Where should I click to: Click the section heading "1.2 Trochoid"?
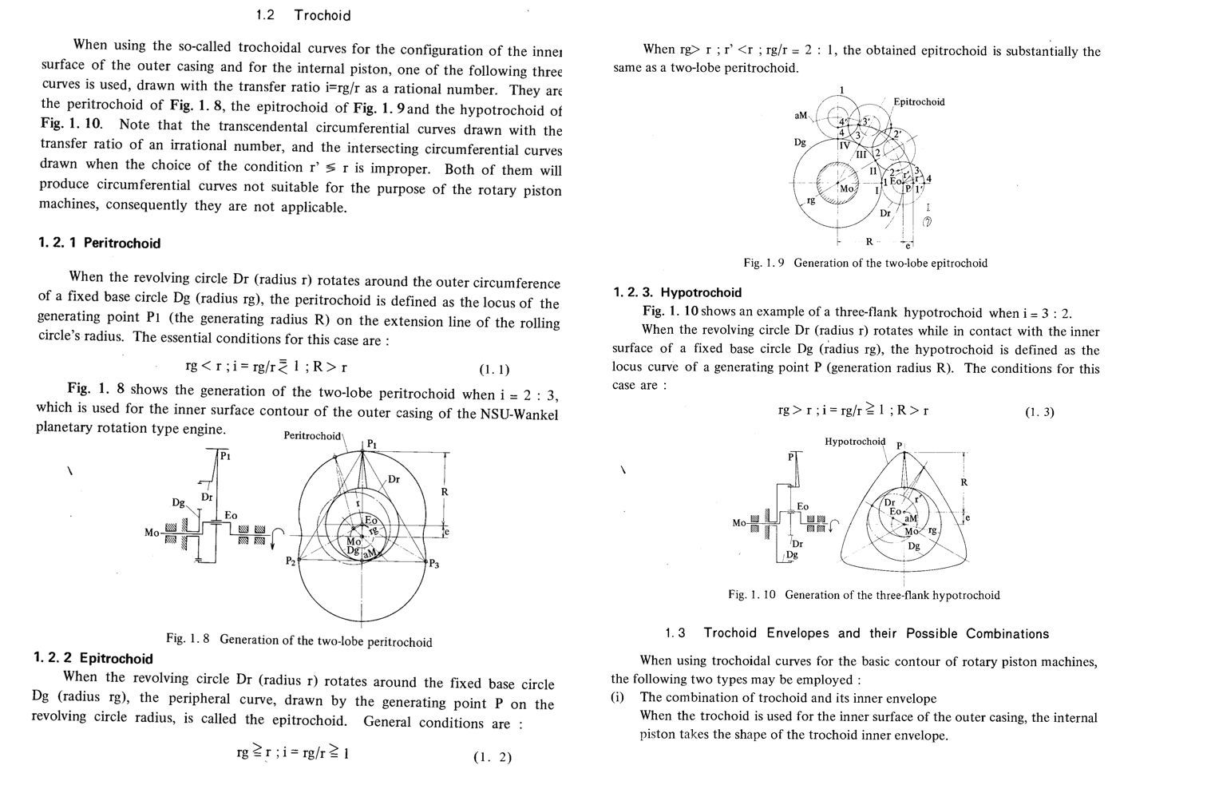pyautogui.click(x=303, y=15)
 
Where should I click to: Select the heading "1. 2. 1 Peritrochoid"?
pyautogui.click(x=99, y=244)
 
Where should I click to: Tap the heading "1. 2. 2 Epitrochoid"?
pyautogui.click(x=93, y=659)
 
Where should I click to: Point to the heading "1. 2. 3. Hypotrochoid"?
pyautogui.click(x=678, y=292)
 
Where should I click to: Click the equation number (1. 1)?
pyautogui.click(x=494, y=369)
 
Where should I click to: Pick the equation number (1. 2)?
pyautogui.click(x=492, y=757)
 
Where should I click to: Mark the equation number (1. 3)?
pyautogui.click(x=1039, y=412)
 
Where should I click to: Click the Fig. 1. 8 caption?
pyautogui.click(x=299, y=640)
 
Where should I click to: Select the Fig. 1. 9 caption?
pyautogui.click(x=865, y=263)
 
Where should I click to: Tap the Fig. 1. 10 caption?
pyautogui.click(x=864, y=595)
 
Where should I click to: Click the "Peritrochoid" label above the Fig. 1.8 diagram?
pyautogui.click(x=312, y=436)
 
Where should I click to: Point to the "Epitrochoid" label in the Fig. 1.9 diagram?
pyautogui.click(x=919, y=101)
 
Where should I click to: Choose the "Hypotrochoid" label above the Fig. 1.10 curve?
pyautogui.click(x=855, y=442)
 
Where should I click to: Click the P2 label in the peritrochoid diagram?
pyautogui.click(x=291, y=561)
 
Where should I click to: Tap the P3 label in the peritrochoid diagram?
pyautogui.click(x=433, y=564)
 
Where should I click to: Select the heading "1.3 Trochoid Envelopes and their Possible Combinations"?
pyautogui.click(x=857, y=633)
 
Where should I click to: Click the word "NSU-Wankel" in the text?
pyautogui.click(x=519, y=414)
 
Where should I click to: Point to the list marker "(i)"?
pyautogui.click(x=618, y=697)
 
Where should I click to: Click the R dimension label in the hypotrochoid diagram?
pyautogui.click(x=964, y=482)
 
